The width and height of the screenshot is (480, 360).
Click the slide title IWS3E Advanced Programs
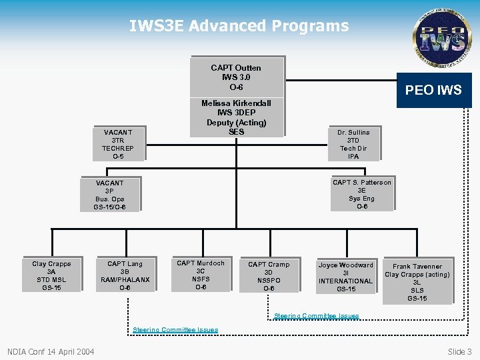[239, 26]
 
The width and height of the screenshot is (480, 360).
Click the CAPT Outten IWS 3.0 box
[236, 77]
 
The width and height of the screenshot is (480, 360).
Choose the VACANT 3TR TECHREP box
[117, 144]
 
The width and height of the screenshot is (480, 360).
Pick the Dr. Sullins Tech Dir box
[353, 144]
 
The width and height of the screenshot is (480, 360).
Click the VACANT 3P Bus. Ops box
[109, 195]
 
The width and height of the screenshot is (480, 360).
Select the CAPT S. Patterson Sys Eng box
[362, 194]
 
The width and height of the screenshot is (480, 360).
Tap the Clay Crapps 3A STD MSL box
[51, 275]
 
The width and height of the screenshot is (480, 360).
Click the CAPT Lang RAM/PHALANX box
[125, 275]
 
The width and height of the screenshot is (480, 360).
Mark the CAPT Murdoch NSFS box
[201, 275]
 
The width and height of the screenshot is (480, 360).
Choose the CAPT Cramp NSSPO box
[269, 276]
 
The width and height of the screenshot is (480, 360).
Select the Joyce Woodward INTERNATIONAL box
[345, 276]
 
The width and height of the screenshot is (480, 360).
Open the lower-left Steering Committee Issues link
[175, 329]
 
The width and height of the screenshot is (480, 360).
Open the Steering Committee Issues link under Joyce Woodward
[317, 316]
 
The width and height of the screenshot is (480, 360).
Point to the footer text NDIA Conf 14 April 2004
[51, 351]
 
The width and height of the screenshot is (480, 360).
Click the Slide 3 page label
[459, 351]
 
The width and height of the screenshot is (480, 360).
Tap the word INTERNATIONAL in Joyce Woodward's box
[345, 281]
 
